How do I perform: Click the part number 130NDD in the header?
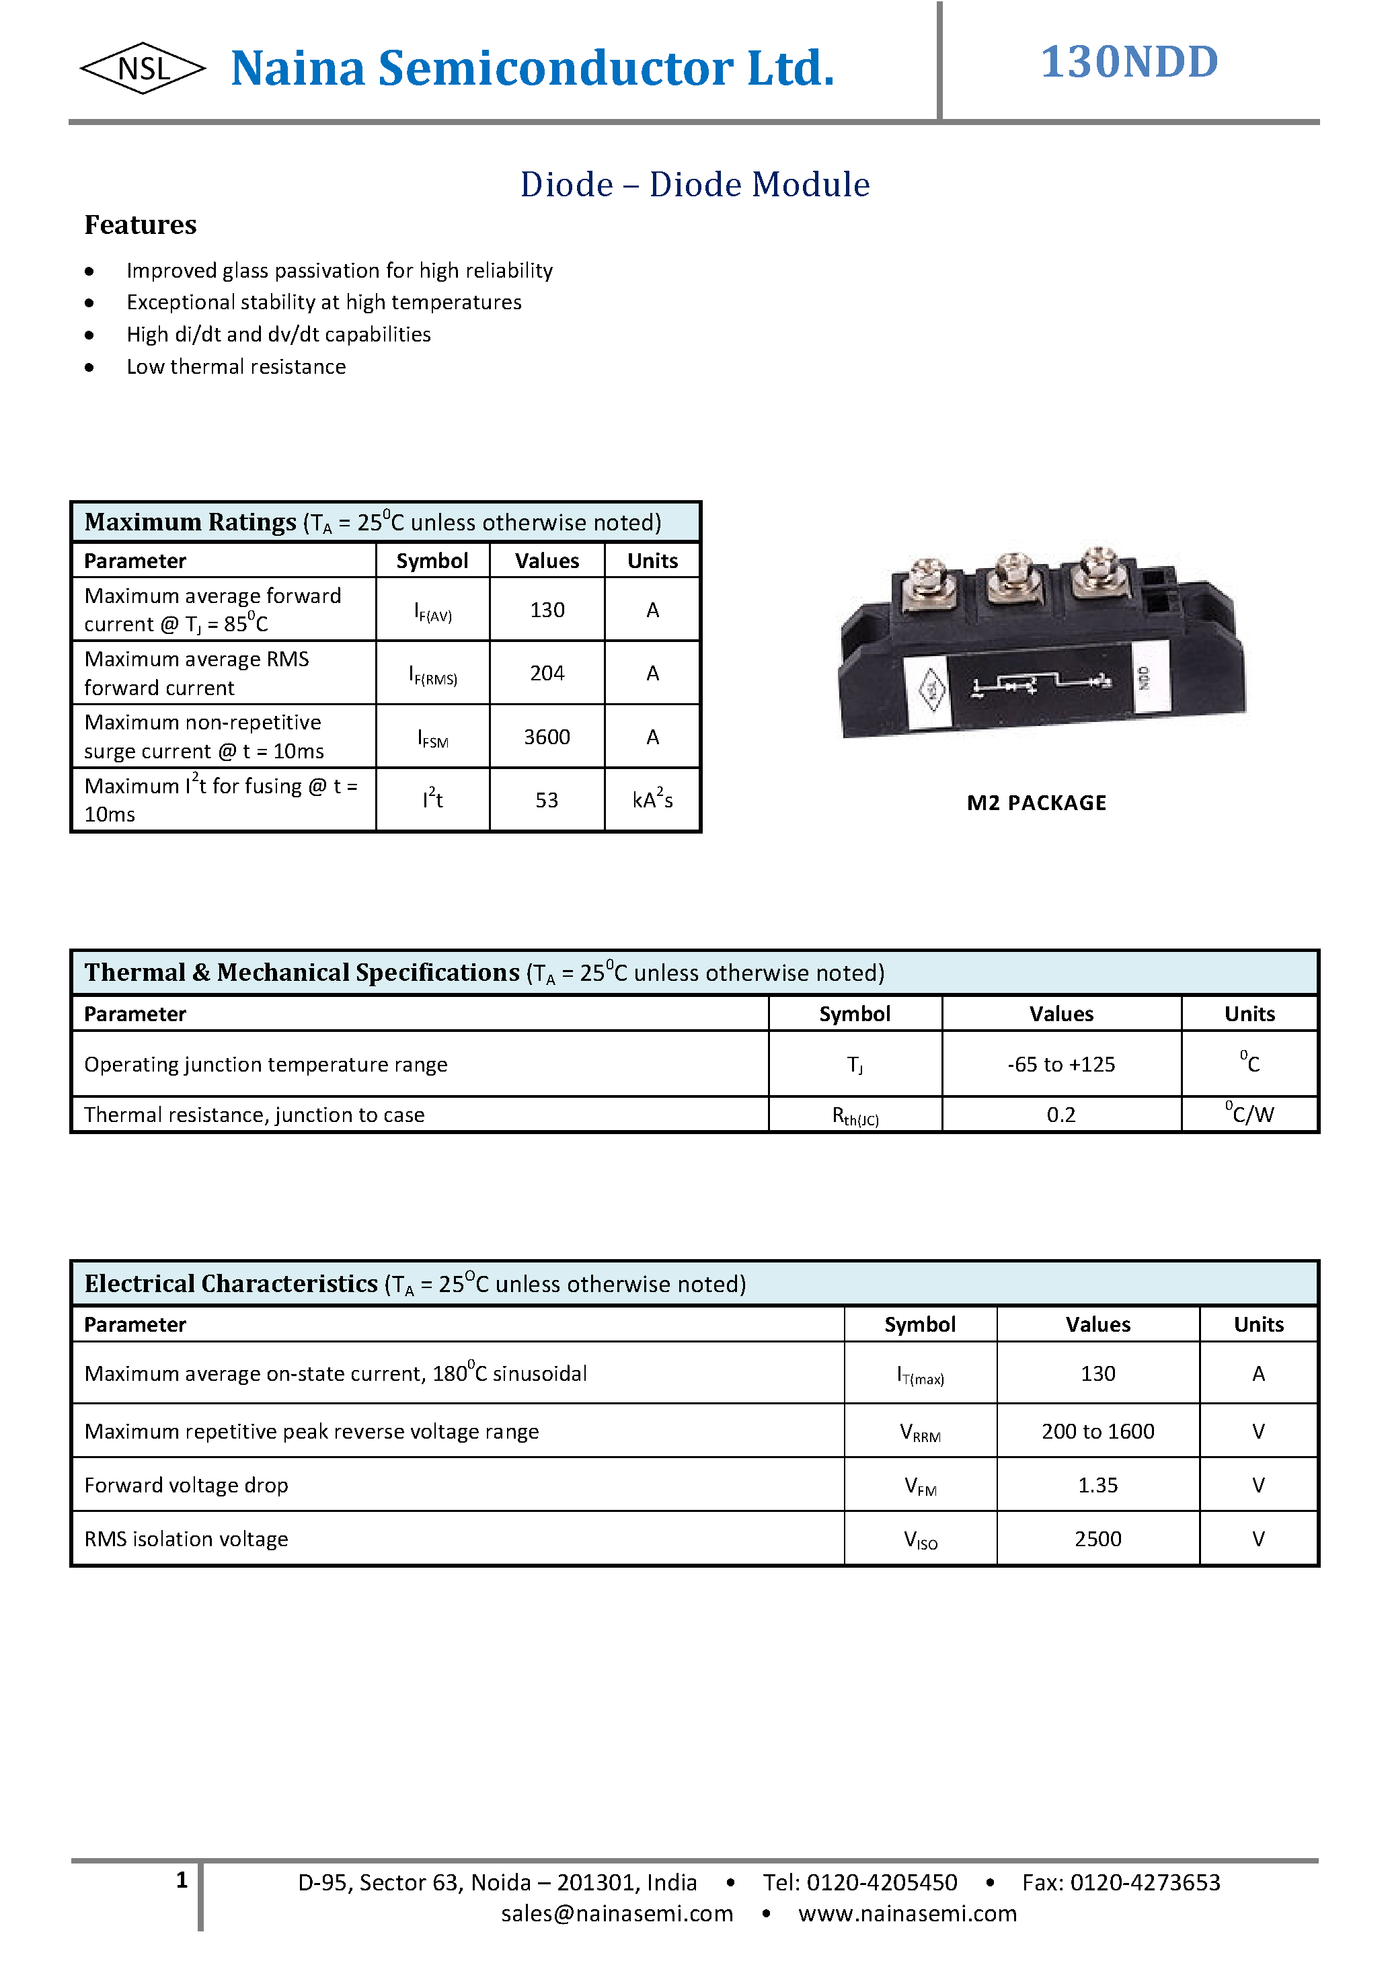[x=1129, y=63]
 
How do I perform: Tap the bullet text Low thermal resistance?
[x=236, y=367]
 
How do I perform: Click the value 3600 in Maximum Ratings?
[x=546, y=737]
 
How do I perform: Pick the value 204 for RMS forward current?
[x=546, y=674]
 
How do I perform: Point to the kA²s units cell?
[x=652, y=800]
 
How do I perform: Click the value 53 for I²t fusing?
[x=546, y=800]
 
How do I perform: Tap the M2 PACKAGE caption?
[x=1036, y=803]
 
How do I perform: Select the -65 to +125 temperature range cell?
[x=1060, y=1065]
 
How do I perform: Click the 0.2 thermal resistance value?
[x=1060, y=1115]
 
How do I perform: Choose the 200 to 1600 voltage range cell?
[x=1097, y=1432]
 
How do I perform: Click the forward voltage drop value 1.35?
[x=1097, y=1486]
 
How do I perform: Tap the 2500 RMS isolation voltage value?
[x=1097, y=1539]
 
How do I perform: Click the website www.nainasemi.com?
[x=907, y=1914]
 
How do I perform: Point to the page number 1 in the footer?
[x=182, y=1880]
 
